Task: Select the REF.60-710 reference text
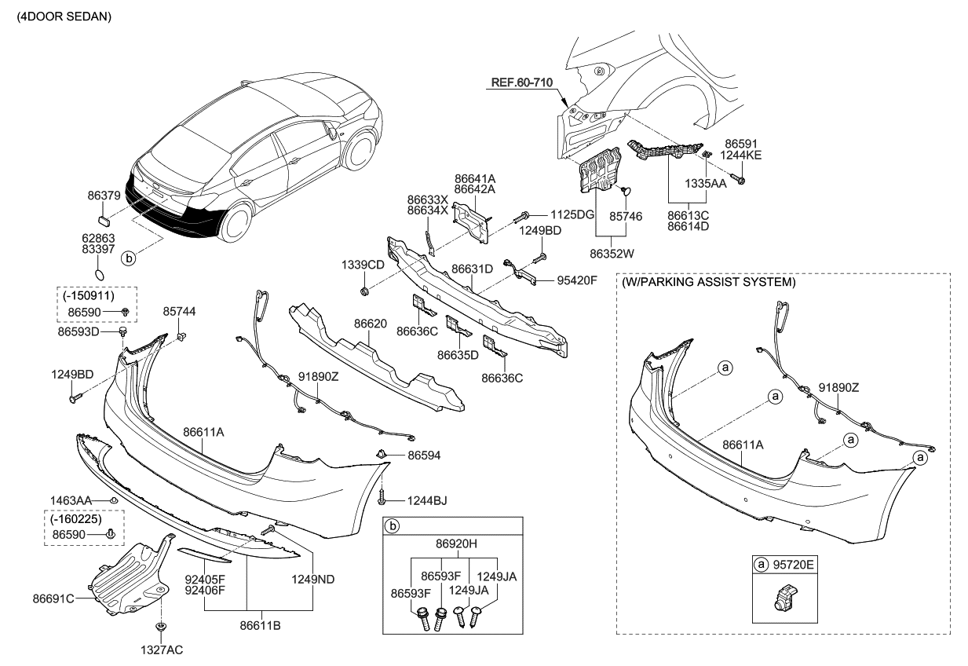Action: [523, 82]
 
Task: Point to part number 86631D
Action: [473, 269]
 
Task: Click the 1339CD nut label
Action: [363, 265]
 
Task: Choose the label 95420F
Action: [577, 279]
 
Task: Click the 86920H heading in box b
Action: [452, 541]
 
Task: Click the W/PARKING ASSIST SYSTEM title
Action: [707, 281]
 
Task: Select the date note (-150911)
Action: [86, 295]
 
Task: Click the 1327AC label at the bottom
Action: [162, 650]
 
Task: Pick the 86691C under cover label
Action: [53, 598]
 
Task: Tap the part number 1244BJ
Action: [426, 500]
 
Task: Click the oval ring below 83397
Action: [100, 274]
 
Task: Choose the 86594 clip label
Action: [423, 455]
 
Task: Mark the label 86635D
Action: [458, 354]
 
